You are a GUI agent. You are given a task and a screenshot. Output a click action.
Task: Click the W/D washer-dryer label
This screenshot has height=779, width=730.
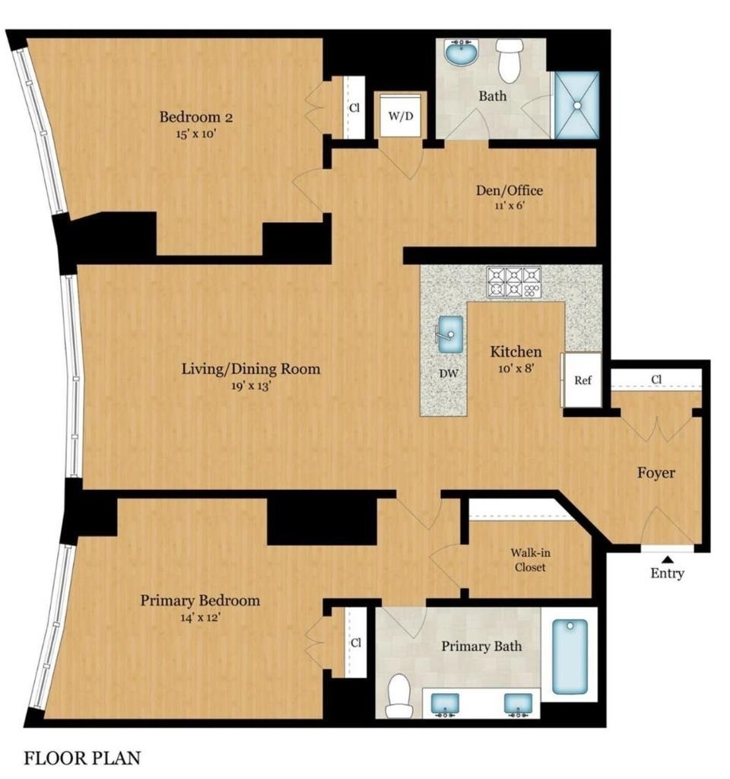pyautogui.click(x=400, y=116)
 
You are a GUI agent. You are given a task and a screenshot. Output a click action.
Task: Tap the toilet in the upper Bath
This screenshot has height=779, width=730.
pyautogui.click(x=509, y=61)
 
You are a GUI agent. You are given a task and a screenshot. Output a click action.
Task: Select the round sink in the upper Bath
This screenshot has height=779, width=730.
pyautogui.click(x=462, y=52)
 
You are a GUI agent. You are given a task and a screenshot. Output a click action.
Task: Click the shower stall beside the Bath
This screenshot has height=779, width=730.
pyautogui.click(x=576, y=105)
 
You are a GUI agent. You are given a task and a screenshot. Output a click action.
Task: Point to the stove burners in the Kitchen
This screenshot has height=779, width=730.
pyautogui.click(x=514, y=282)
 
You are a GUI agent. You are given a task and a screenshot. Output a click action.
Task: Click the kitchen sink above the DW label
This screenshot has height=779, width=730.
pyautogui.click(x=450, y=335)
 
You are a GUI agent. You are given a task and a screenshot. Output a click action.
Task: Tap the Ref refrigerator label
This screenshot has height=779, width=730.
pyautogui.click(x=582, y=380)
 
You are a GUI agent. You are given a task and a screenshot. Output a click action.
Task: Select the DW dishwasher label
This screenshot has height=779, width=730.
pyautogui.click(x=449, y=374)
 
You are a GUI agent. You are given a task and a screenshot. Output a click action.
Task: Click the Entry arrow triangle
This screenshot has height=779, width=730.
pyautogui.click(x=668, y=559)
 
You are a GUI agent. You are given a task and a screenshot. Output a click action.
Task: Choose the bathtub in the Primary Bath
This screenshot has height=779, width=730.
pyautogui.click(x=570, y=657)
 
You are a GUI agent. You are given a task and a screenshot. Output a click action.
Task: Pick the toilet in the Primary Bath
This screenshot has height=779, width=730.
pyautogui.click(x=398, y=695)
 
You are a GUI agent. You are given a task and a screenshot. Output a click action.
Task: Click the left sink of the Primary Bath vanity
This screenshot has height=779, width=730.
pyautogui.click(x=444, y=704)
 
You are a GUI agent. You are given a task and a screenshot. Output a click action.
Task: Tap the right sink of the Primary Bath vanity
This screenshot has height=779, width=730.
pyautogui.click(x=518, y=704)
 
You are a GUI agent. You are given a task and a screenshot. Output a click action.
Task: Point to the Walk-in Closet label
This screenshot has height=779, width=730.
pyautogui.click(x=530, y=560)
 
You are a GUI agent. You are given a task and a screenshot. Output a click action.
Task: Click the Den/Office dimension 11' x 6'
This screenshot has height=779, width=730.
pyautogui.click(x=509, y=205)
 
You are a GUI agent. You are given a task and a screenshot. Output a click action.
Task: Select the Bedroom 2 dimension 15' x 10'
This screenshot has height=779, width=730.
pyautogui.click(x=196, y=134)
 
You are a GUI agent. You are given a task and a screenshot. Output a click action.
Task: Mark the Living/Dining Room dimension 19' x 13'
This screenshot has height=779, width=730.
pyautogui.click(x=251, y=386)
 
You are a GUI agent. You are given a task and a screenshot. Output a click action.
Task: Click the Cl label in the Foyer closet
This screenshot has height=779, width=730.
pyautogui.click(x=656, y=380)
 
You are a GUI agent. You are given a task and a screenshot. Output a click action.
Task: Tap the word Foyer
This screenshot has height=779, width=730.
pyautogui.click(x=656, y=473)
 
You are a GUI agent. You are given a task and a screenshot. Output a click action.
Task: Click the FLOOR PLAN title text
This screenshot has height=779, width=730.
pyautogui.click(x=82, y=758)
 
